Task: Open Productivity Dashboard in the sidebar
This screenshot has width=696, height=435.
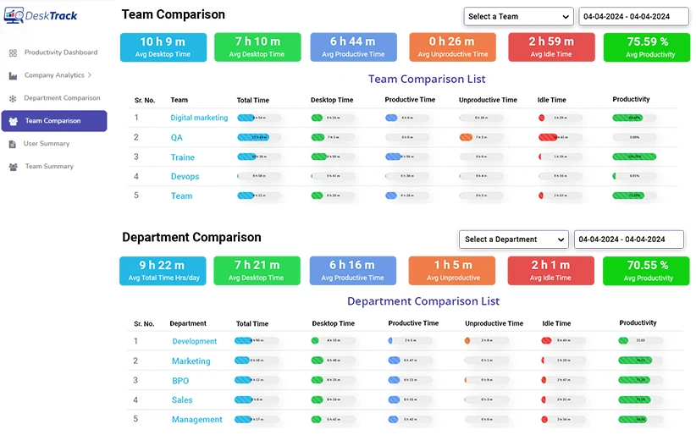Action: pyautogui.click(x=60, y=52)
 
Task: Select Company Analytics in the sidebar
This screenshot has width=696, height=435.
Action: pyautogui.click(x=54, y=75)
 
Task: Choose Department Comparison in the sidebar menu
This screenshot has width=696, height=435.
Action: pyautogui.click(x=62, y=98)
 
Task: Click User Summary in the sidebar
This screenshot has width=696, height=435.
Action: pyautogui.click(x=47, y=144)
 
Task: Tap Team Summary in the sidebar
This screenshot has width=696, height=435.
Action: pyautogui.click(x=49, y=167)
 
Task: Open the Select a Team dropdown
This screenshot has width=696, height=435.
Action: pyautogui.click(x=518, y=16)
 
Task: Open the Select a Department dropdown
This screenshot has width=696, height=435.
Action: pyautogui.click(x=513, y=240)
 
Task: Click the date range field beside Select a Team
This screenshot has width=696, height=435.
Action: pyautogui.click(x=635, y=16)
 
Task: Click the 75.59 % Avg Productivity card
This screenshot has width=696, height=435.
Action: pyautogui.click(x=646, y=47)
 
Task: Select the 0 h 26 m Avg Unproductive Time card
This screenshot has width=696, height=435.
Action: pyautogui.click(x=451, y=47)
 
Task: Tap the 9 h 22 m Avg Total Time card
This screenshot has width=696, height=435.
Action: pyautogui.click(x=162, y=271)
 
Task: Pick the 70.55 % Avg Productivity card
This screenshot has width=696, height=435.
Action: pyautogui.click(x=646, y=271)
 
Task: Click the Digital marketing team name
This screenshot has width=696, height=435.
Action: pyautogui.click(x=199, y=118)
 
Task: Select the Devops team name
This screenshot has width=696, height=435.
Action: pyautogui.click(x=185, y=177)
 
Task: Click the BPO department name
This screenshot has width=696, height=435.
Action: pyautogui.click(x=180, y=381)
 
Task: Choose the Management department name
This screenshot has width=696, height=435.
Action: pyautogui.click(x=196, y=420)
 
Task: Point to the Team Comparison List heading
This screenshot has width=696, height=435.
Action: pyautogui.click(x=427, y=79)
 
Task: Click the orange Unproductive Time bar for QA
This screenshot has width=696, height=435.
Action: pyautogui.click(x=467, y=137)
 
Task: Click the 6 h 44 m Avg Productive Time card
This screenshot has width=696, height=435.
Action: pyautogui.click(x=352, y=47)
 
